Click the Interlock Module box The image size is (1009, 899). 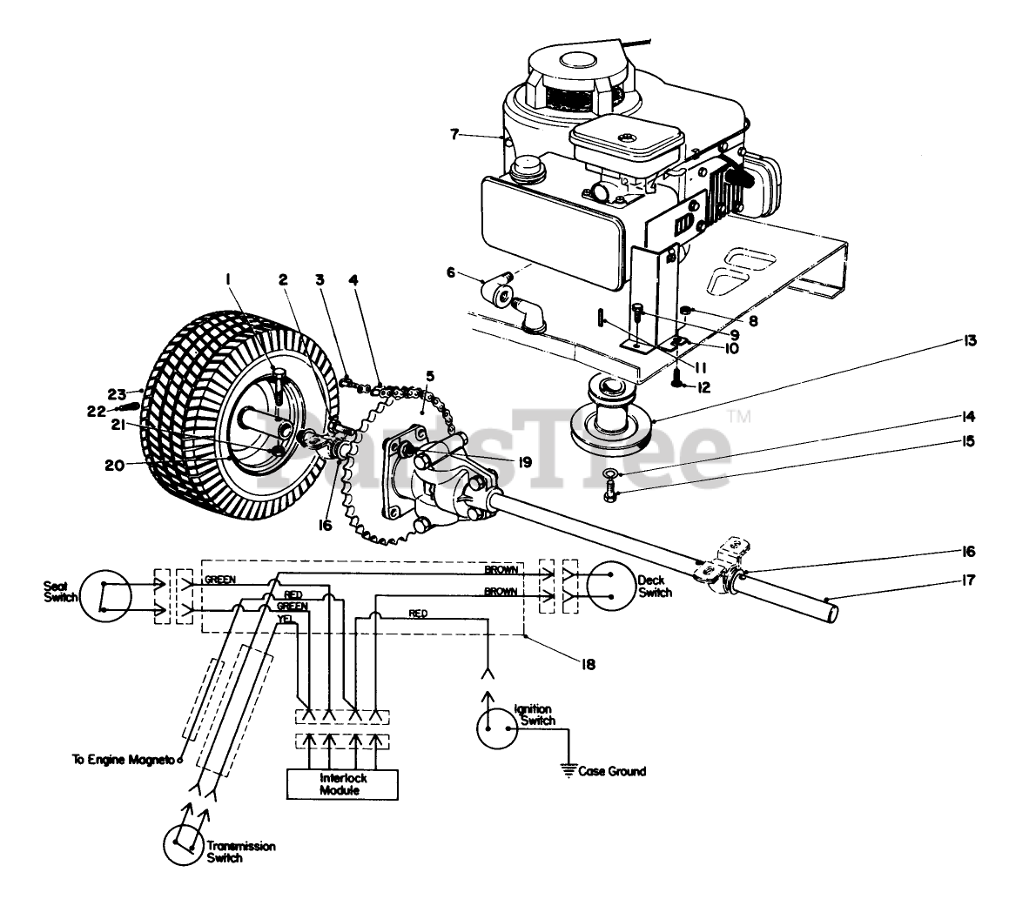(x=341, y=784)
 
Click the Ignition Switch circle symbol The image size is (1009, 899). (x=497, y=728)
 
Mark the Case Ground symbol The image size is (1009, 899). (x=568, y=769)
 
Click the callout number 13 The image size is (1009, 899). (x=969, y=340)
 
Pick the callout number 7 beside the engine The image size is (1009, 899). (x=455, y=134)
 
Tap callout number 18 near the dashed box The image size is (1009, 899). (x=588, y=664)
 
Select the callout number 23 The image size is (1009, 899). (x=117, y=394)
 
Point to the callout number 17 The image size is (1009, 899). (x=968, y=580)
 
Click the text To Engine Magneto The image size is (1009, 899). (x=123, y=760)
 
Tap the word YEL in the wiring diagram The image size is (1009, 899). (x=285, y=619)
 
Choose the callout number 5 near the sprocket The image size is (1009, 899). (x=430, y=376)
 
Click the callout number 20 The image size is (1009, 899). (x=115, y=464)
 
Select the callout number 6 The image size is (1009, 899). (x=450, y=272)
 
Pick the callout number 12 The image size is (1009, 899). (x=703, y=387)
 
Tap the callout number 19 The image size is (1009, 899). (x=525, y=462)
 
